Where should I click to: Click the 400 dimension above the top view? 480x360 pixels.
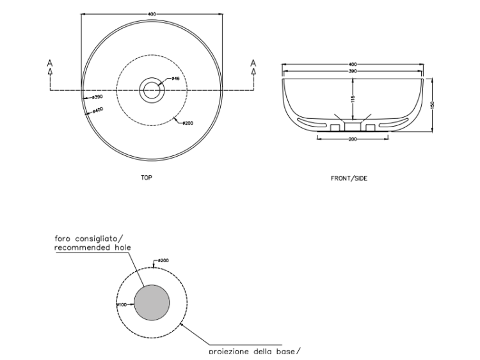(151, 13)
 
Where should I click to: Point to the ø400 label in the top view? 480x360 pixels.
(97, 110)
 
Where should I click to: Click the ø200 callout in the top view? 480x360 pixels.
(187, 123)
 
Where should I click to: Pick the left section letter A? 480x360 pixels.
(50, 63)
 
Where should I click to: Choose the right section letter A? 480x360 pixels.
(253, 63)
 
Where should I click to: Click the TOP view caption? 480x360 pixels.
(147, 178)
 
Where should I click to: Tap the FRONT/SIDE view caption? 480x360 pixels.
(349, 178)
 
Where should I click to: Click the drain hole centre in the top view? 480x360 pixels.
(152, 90)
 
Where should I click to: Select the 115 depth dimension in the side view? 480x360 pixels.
(352, 99)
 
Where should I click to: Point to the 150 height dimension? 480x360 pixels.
(433, 105)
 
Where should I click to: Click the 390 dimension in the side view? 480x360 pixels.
(353, 71)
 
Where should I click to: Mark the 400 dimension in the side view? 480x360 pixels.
(353, 65)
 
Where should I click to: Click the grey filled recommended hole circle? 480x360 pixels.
(152, 302)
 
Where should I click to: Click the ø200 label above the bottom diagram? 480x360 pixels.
(162, 261)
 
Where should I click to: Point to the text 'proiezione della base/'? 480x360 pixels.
(254, 350)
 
